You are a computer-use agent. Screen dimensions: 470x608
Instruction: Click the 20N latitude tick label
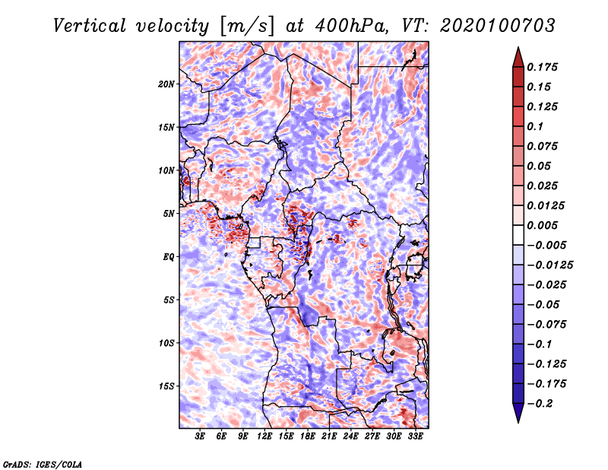click(166, 84)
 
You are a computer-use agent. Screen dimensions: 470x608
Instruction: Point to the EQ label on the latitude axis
click(168, 256)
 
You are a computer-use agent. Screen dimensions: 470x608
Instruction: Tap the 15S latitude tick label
click(166, 386)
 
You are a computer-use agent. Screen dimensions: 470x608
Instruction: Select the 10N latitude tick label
click(166, 170)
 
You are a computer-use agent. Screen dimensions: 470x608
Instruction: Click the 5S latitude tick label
click(168, 300)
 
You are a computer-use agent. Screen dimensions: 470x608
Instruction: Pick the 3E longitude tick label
click(201, 437)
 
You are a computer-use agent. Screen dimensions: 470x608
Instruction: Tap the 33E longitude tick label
click(414, 437)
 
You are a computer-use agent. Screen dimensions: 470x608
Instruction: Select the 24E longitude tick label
click(350, 437)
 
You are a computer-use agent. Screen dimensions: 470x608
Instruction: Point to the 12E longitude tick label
click(264, 437)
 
